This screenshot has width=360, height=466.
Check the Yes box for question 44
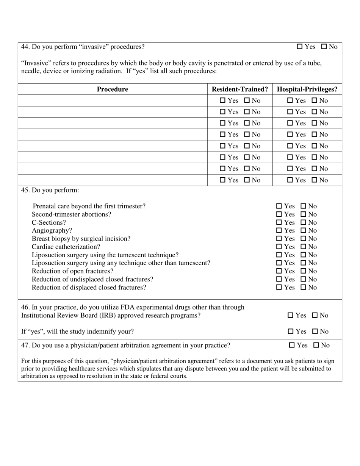click(x=300, y=47)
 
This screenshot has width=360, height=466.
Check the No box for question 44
click(x=324, y=47)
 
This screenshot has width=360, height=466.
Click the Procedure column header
click(x=113, y=89)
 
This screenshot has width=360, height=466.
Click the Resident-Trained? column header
click(x=240, y=89)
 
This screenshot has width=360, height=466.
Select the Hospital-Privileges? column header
click(x=307, y=89)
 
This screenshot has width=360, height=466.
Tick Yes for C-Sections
click(x=279, y=222)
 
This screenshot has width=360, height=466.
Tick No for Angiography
click(x=304, y=231)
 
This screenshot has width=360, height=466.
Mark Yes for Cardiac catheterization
click(x=279, y=247)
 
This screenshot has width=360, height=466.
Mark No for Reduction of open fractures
click(x=304, y=271)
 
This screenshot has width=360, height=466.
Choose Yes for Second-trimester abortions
click(x=279, y=214)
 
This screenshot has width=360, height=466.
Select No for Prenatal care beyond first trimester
click(x=304, y=206)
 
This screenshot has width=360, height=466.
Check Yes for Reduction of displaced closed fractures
click(x=279, y=288)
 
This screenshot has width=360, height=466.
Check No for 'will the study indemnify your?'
click(x=315, y=332)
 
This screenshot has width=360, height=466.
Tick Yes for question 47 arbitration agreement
click(x=292, y=345)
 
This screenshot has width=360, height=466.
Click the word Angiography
click(x=52, y=231)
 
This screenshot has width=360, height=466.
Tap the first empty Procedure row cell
click(x=113, y=101)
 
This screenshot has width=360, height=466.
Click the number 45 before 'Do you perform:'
click(x=25, y=190)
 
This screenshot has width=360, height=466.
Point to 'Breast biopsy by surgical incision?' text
click(x=81, y=239)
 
